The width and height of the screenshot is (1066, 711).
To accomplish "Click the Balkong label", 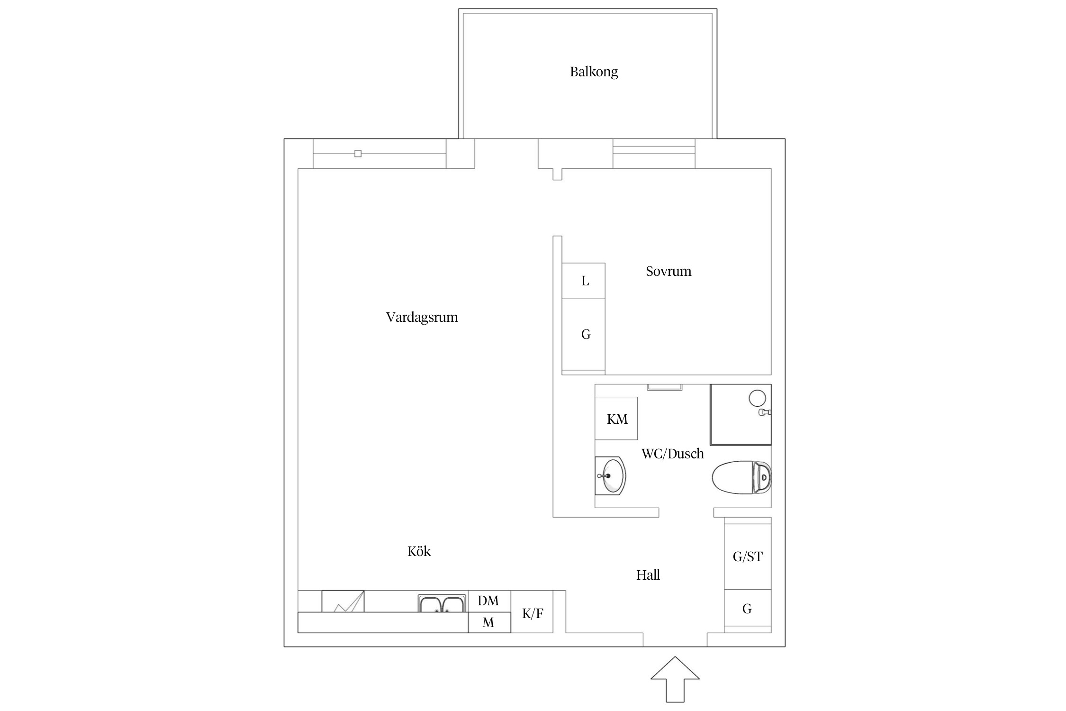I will click(594, 72).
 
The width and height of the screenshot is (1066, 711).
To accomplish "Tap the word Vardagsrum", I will click(422, 317).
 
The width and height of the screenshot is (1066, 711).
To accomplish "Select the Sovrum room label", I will click(668, 271).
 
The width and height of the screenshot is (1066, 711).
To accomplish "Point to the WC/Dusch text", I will click(672, 454).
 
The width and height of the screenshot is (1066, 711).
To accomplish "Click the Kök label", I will click(419, 551).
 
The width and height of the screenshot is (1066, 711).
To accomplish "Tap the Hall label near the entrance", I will click(648, 575).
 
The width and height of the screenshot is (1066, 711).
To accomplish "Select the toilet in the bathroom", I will click(741, 477).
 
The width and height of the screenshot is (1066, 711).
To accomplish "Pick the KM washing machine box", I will click(616, 419).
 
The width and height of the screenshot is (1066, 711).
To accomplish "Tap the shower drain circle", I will click(757, 398).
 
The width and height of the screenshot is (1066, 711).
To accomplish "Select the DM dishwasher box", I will click(488, 601).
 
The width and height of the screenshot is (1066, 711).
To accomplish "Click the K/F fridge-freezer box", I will click(532, 613).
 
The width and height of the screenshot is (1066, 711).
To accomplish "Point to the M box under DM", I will click(488, 622).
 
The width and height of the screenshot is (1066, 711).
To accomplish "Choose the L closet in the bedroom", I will click(584, 281).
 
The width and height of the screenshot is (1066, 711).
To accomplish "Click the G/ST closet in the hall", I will click(748, 556).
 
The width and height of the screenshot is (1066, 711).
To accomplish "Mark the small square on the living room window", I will click(358, 154).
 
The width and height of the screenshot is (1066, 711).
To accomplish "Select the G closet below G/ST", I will click(747, 609).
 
